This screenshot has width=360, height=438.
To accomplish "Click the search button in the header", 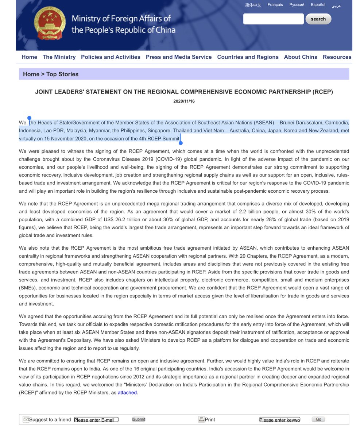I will click(318, 19).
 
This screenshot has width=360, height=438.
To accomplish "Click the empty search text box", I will click(273, 19).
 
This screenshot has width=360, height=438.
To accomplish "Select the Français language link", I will click(275, 5).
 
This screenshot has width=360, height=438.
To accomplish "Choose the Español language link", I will click(318, 5).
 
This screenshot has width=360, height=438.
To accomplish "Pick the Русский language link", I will click(297, 5).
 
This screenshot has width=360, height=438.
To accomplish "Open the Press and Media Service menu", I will click(179, 57).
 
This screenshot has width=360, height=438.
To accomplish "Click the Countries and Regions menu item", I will click(248, 57).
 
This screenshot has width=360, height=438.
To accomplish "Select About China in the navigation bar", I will click(301, 57).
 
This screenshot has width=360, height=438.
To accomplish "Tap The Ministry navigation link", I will click(59, 57).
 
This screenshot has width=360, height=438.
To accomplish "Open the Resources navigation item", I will click(337, 57).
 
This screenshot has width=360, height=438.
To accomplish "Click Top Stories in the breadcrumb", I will click(62, 74).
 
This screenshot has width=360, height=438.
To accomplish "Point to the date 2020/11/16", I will click(184, 101).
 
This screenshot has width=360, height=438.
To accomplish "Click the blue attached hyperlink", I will click(127, 393).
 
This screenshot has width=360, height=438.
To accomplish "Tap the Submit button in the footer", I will click(139, 419).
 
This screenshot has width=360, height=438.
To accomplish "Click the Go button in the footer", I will click(318, 419).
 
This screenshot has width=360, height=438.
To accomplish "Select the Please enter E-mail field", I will click(96, 420).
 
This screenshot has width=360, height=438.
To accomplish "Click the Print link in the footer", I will click(210, 420).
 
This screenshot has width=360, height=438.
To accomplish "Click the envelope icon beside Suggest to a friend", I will click(26, 419).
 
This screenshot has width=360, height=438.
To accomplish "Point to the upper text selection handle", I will click(29, 118).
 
